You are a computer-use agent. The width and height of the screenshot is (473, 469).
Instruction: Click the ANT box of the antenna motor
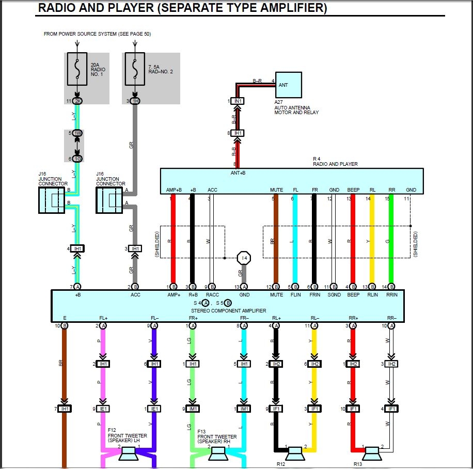[288, 85]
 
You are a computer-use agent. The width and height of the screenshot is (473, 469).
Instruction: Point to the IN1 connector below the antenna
[238, 101]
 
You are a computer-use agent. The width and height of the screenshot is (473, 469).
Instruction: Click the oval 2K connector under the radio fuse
[77, 101]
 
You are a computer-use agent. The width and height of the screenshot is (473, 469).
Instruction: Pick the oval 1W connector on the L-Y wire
[77, 133]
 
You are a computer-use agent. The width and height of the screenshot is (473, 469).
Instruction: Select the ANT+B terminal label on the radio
[238, 173]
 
